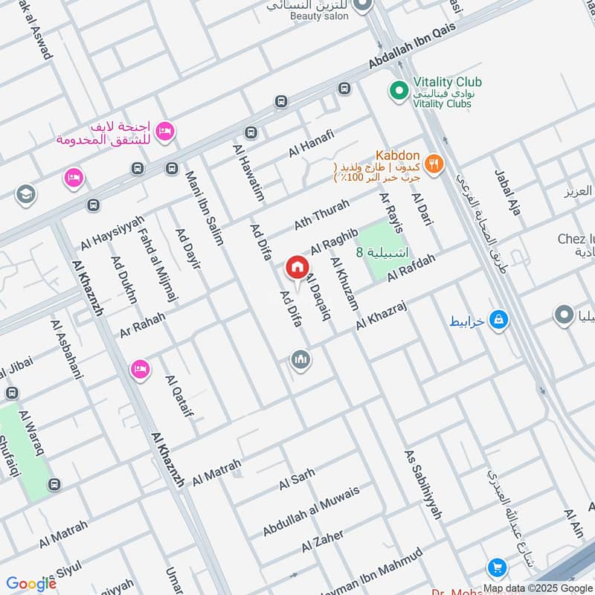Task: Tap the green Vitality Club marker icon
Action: tap(399, 91)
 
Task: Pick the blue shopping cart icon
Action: tap(497, 568)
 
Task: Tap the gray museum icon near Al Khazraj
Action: tap(301, 360)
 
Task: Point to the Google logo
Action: tap(31, 583)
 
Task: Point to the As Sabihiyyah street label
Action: tap(423, 484)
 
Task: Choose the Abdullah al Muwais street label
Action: tap(311, 512)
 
